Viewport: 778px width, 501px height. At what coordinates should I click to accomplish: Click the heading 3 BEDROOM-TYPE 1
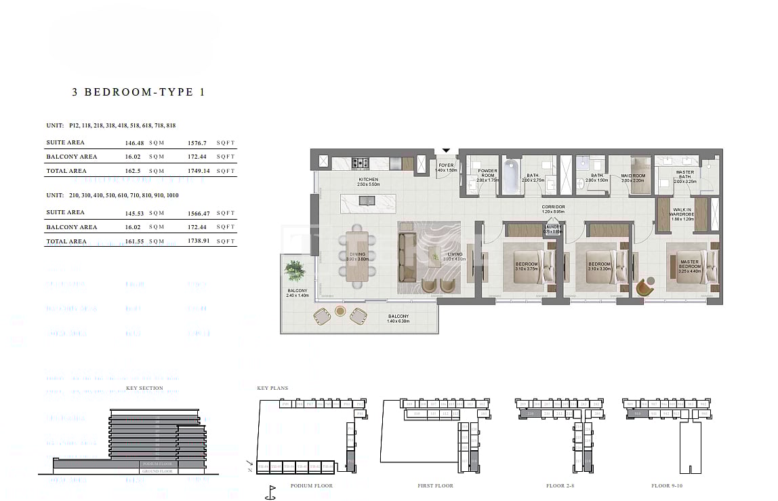point(138,92)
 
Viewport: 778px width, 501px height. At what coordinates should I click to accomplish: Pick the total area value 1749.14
point(199,172)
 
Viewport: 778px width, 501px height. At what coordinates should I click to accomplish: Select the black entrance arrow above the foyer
point(446,151)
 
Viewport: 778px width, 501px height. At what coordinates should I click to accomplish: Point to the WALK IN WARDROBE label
point(682,212)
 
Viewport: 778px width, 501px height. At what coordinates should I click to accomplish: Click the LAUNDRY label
point(552,228)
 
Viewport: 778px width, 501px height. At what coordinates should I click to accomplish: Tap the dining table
point(357,256)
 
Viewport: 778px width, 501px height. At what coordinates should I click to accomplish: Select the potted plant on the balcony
point(295,270)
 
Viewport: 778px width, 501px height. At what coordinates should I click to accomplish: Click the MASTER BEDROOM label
point(690,265)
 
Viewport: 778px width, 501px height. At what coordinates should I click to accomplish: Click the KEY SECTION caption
point(144,388)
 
